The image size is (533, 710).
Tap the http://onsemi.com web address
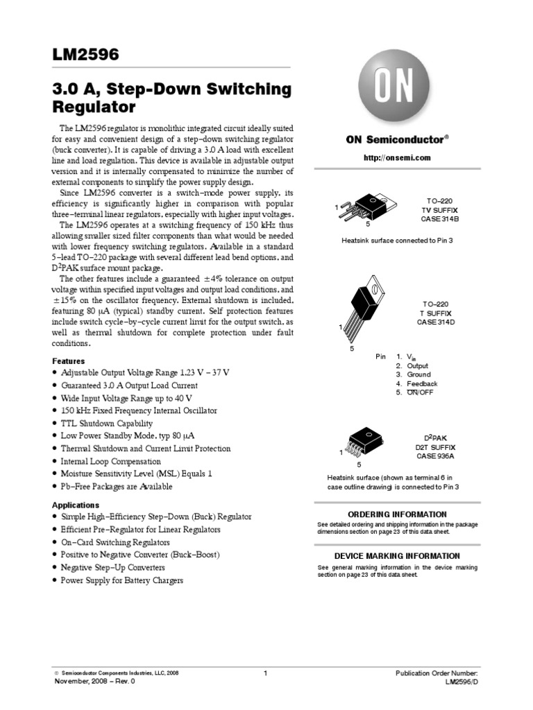coord(398,158)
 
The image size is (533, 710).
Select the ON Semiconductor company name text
coord(397,139)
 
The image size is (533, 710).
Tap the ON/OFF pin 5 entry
coord(421,392)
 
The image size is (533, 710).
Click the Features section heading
coord(69,361)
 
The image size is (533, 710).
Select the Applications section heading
coord(76,505)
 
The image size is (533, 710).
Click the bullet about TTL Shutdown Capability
coord(106,423)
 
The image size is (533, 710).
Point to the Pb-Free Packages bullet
coord(117,487)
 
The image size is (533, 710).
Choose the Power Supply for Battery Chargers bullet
coord(121,580)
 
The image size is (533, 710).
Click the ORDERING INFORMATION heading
coord(397,514)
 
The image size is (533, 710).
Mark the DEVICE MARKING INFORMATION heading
coord(397,555)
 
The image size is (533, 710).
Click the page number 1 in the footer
coord(266,673)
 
